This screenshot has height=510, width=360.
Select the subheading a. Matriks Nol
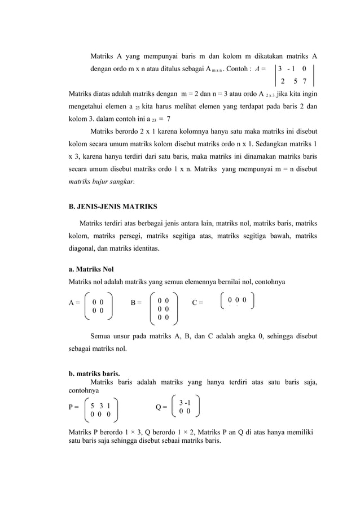tap(91, 269)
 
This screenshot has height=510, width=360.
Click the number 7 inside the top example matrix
tap(305, 80)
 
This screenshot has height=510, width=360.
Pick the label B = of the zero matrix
tap(136, 303)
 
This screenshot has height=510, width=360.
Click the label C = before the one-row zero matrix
tap(197, 303)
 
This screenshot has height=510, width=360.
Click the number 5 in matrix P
tap(93, 406)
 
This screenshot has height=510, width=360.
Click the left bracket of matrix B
tap(151, 309)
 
